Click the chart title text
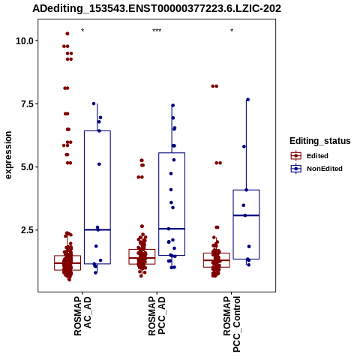(x=157, y=8)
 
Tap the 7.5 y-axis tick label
(x=27, y=103)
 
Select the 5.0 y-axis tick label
(x=27, y=166)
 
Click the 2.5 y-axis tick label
(x=27, y=229)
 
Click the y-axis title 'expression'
(x=8, y=155)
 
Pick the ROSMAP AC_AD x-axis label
(x=82, y=316)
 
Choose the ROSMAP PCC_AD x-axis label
(x=157, y=316)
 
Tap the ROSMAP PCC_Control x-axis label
(x=232, y=324)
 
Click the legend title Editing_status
(x=320, y=141)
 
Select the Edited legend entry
(x=310, y=156)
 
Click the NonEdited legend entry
(x=316, y=169)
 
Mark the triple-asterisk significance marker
(x=157, y=31)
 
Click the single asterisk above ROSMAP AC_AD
(x=82, y=31)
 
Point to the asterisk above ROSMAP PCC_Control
(x=232, y=31)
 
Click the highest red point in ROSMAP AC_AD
(x=67, y=34)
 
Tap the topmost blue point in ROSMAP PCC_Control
(x=248, y=100)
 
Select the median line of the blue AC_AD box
(x=97, y=229)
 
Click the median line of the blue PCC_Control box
(x=246, y=215)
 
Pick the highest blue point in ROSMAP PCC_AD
(x=172, y=106)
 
